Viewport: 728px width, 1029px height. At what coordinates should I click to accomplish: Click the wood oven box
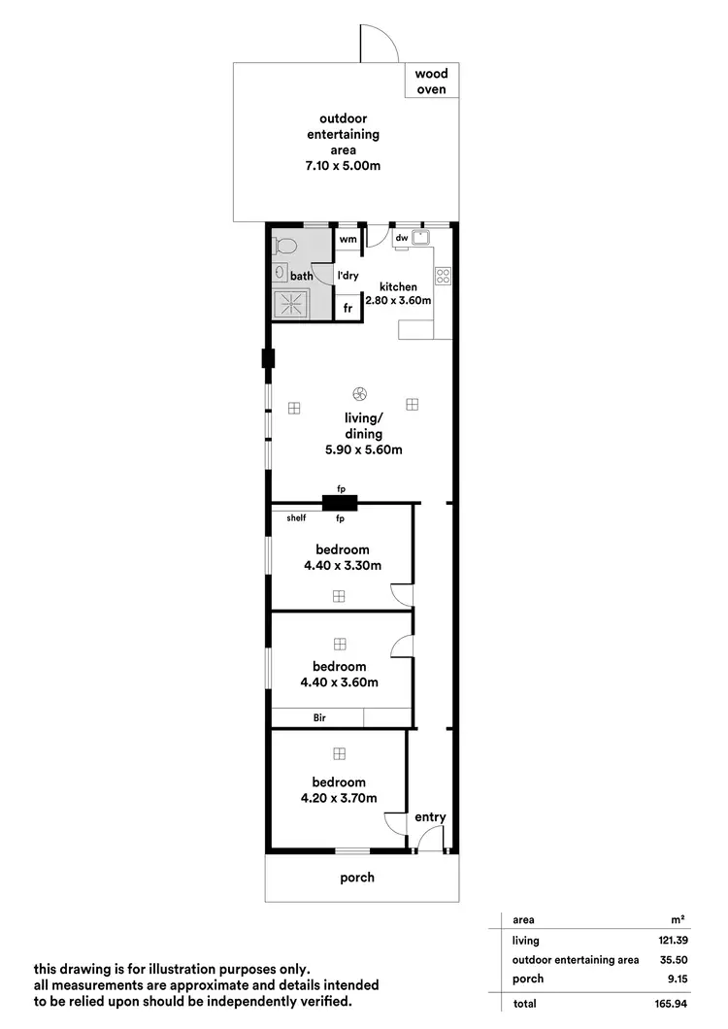click(431, 82)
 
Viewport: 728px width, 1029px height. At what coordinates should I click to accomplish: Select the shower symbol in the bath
click(292, 305)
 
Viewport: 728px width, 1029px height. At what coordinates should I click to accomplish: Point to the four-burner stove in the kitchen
click(443, 276)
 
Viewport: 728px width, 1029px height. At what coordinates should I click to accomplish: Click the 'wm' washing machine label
click(347, 238)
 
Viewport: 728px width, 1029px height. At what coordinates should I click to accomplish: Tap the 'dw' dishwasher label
click(401, 238)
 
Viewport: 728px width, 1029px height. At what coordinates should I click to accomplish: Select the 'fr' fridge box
click(347, 308)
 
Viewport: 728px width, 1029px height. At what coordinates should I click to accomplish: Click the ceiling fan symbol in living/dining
click(360, 394)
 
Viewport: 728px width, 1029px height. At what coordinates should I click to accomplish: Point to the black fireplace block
click(340, 503)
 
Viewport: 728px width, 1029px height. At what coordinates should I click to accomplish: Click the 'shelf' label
click(296, 518)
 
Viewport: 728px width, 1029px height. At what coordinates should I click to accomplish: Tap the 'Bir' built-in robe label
click(318, 718)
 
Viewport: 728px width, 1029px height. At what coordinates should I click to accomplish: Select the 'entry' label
click(430, 817)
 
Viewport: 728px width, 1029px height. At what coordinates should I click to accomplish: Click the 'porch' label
click(356, 878)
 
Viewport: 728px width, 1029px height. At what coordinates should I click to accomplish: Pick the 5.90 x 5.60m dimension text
click(363, 449)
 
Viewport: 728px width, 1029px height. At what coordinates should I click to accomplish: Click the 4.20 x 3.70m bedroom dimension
click(339, 799)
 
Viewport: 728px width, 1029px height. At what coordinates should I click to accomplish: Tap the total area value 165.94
click(656, 1003)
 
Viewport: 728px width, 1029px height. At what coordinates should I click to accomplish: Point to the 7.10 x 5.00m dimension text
click(342, 166)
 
